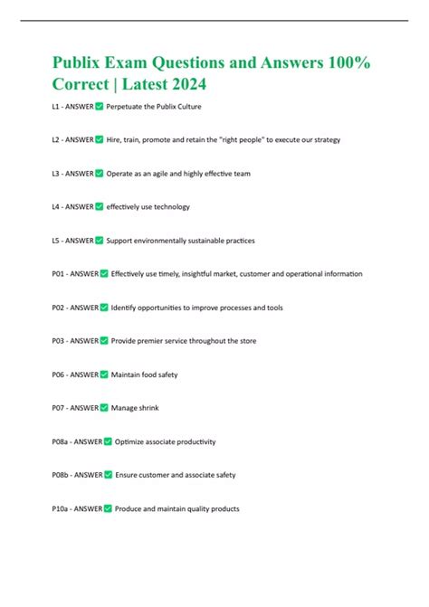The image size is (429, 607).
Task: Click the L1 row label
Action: click(59, 107)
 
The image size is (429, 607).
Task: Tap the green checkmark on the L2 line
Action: click(100, 140)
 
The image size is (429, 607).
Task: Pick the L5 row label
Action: click(59, 241)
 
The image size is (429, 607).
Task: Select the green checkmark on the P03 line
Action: click(104, 341)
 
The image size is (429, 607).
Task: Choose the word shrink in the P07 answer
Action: click(147, 408)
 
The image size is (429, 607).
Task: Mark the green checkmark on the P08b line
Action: click(108, 475)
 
